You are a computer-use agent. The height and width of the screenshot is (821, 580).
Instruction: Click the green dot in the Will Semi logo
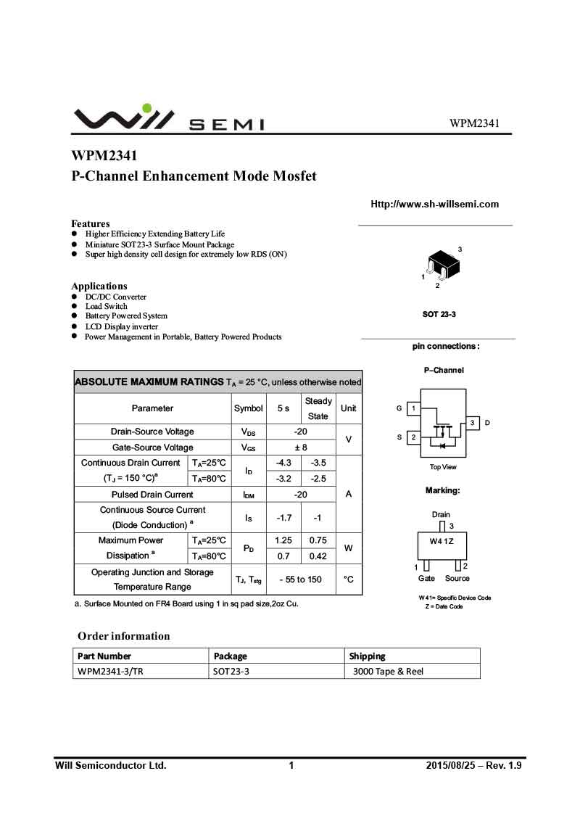[147, 109]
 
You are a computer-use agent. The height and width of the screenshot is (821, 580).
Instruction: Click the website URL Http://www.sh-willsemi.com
[434, 204]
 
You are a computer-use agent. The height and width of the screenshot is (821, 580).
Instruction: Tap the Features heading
[91, 223]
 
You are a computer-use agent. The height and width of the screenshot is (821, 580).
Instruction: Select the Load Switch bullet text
[106, 306]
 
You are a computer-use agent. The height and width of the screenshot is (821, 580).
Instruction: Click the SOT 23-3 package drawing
[440, 266]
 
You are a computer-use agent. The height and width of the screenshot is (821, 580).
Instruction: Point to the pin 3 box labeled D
[472, 423]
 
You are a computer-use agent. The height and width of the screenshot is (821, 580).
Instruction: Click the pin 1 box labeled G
[413, 408]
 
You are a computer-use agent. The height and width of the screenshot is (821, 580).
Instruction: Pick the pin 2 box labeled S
[413, 437]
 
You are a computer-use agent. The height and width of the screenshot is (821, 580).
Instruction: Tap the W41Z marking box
[442, 542]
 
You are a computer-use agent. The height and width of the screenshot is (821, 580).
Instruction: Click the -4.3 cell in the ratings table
[283, 463]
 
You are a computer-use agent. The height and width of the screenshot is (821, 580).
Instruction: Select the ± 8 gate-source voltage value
[301, 447]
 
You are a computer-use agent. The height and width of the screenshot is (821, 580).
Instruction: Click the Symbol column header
[249, 408]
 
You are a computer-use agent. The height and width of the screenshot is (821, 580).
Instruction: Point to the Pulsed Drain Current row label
[152, 495]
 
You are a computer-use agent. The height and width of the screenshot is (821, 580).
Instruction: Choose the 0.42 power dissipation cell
[318, 556]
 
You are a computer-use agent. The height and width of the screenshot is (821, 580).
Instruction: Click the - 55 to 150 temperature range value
[300, 579]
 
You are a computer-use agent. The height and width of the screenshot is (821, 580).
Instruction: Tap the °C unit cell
[349, 579]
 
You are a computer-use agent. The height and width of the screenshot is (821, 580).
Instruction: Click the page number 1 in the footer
[291, 765]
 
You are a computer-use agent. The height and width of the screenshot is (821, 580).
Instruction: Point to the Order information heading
[124, 636]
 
